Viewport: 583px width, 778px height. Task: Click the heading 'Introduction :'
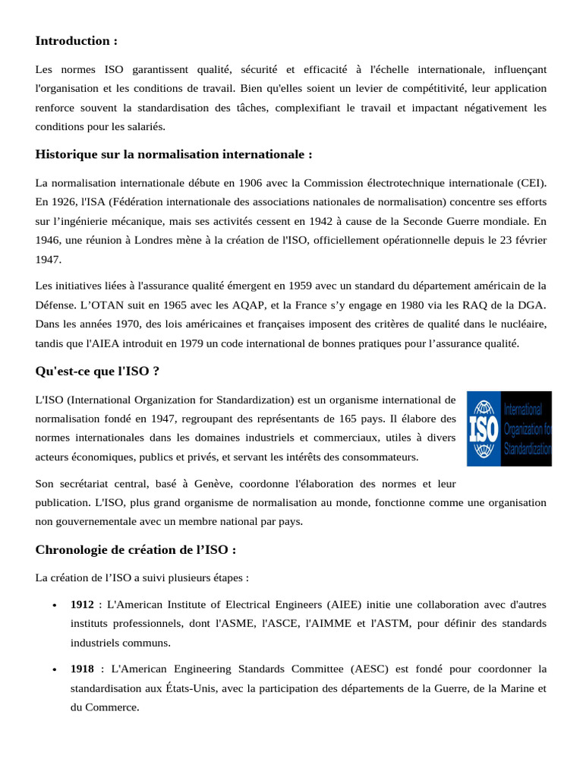pos(77,41)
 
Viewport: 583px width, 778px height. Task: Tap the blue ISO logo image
pos(509,429)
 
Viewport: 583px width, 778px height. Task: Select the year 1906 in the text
pos(251,183)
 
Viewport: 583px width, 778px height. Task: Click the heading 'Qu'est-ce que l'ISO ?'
pos(97,371)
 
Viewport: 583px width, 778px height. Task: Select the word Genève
pos(221,484)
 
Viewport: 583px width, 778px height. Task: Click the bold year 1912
pos(82,604)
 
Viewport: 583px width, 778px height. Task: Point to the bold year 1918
pos(82,669)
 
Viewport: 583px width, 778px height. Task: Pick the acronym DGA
pos(534,305)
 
